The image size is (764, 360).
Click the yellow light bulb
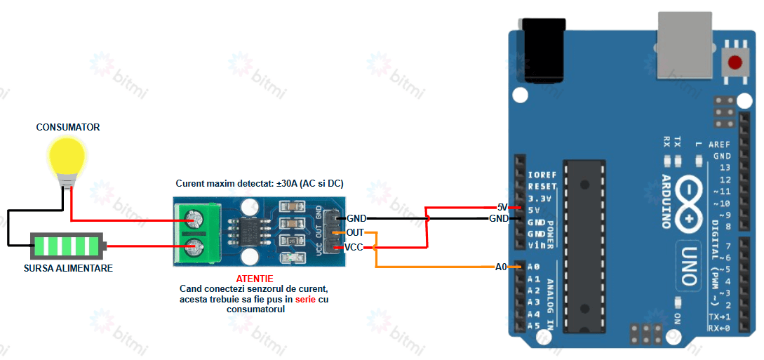tap(66, 159)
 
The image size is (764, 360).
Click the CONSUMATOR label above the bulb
tap(68, 127)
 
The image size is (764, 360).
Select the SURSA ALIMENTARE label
tap(68, 268)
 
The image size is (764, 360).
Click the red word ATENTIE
tap(255, 279)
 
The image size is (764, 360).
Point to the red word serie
tap(306, 299)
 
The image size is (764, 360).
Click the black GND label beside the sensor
tap(356, 219)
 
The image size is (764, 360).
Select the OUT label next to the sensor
tap(355, 232)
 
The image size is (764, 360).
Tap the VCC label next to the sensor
tap(354, 247)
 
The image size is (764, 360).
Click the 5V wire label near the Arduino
tap(502, 207)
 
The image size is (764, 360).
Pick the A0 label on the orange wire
tap(501, 267)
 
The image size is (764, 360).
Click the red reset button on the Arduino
tap(735, 62)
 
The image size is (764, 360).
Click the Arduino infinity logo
tap(692, 204)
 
